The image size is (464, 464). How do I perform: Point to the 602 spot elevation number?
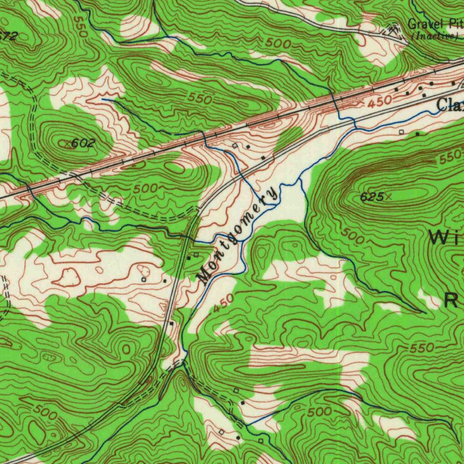83,143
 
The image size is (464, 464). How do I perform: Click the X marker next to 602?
68,144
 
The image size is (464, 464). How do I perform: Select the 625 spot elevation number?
372,197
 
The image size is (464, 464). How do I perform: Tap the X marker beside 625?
388,196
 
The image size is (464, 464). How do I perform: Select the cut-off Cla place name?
450,105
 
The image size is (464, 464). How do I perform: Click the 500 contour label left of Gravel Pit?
278,43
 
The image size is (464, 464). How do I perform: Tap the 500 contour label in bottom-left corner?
45,413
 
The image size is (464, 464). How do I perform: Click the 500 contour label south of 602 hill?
145,188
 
